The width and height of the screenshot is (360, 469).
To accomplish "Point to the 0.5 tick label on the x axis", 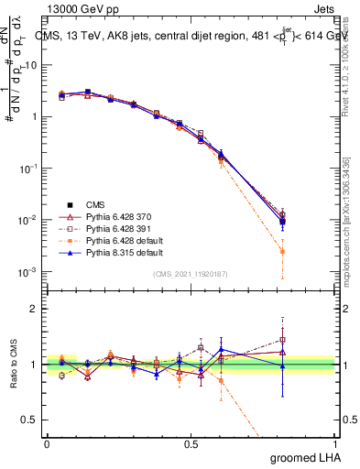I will [193, 442].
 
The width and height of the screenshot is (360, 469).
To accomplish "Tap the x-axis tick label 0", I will [47, 442].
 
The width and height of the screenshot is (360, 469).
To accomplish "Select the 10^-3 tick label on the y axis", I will [29, 272].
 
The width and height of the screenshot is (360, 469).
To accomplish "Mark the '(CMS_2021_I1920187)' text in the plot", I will [191, 274].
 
